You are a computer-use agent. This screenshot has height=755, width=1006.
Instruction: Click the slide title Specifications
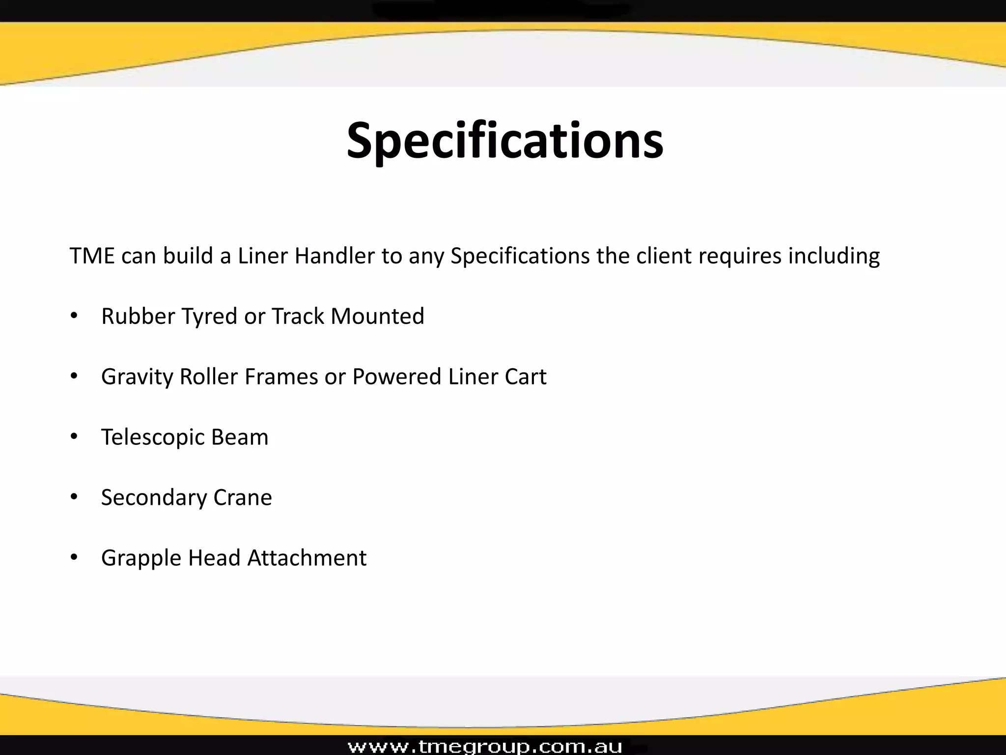tap(505, 141)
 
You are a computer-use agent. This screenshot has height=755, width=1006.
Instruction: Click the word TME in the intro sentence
tap(92, 256)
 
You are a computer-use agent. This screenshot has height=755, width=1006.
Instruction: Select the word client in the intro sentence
tap(664, 256)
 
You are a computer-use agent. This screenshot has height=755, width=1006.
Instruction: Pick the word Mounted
tap(377, 316)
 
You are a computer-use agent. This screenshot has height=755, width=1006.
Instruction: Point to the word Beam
tap(240, 437)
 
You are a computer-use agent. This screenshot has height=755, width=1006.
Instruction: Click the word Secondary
tap(153, 498)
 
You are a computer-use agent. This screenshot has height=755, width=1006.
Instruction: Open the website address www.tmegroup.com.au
tap(485, 746)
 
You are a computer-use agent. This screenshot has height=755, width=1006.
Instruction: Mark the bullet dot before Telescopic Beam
tap(74, 436)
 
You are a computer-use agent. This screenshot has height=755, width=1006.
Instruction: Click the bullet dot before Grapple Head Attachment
tap(74, 557)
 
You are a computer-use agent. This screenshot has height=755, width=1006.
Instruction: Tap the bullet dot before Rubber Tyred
tap(74, 316)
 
